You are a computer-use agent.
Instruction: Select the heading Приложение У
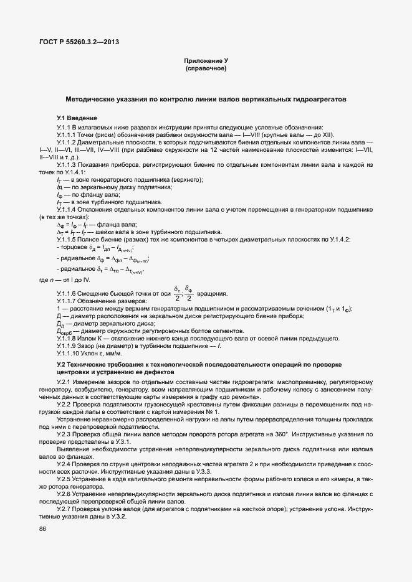point(206,60)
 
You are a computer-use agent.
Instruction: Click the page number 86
point(43,529)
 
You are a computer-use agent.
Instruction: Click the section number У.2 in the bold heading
point(62,364)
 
